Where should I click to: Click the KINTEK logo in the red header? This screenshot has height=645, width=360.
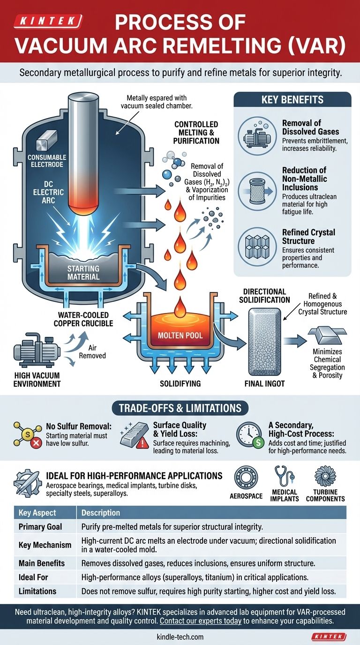48,21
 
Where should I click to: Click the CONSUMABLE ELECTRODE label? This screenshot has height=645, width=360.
47,161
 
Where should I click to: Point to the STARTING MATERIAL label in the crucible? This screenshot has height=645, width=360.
83,272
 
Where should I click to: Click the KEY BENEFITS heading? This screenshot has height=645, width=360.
292,100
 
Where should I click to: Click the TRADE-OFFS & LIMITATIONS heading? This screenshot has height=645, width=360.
180,408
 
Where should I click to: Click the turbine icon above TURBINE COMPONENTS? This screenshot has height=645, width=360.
325,477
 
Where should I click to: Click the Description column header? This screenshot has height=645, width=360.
101,513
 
